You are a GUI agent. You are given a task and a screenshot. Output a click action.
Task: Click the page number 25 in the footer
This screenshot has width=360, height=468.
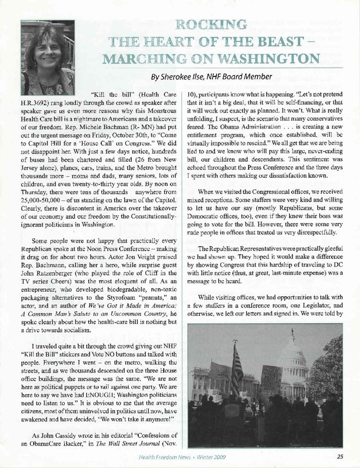click(x=340, y=456)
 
